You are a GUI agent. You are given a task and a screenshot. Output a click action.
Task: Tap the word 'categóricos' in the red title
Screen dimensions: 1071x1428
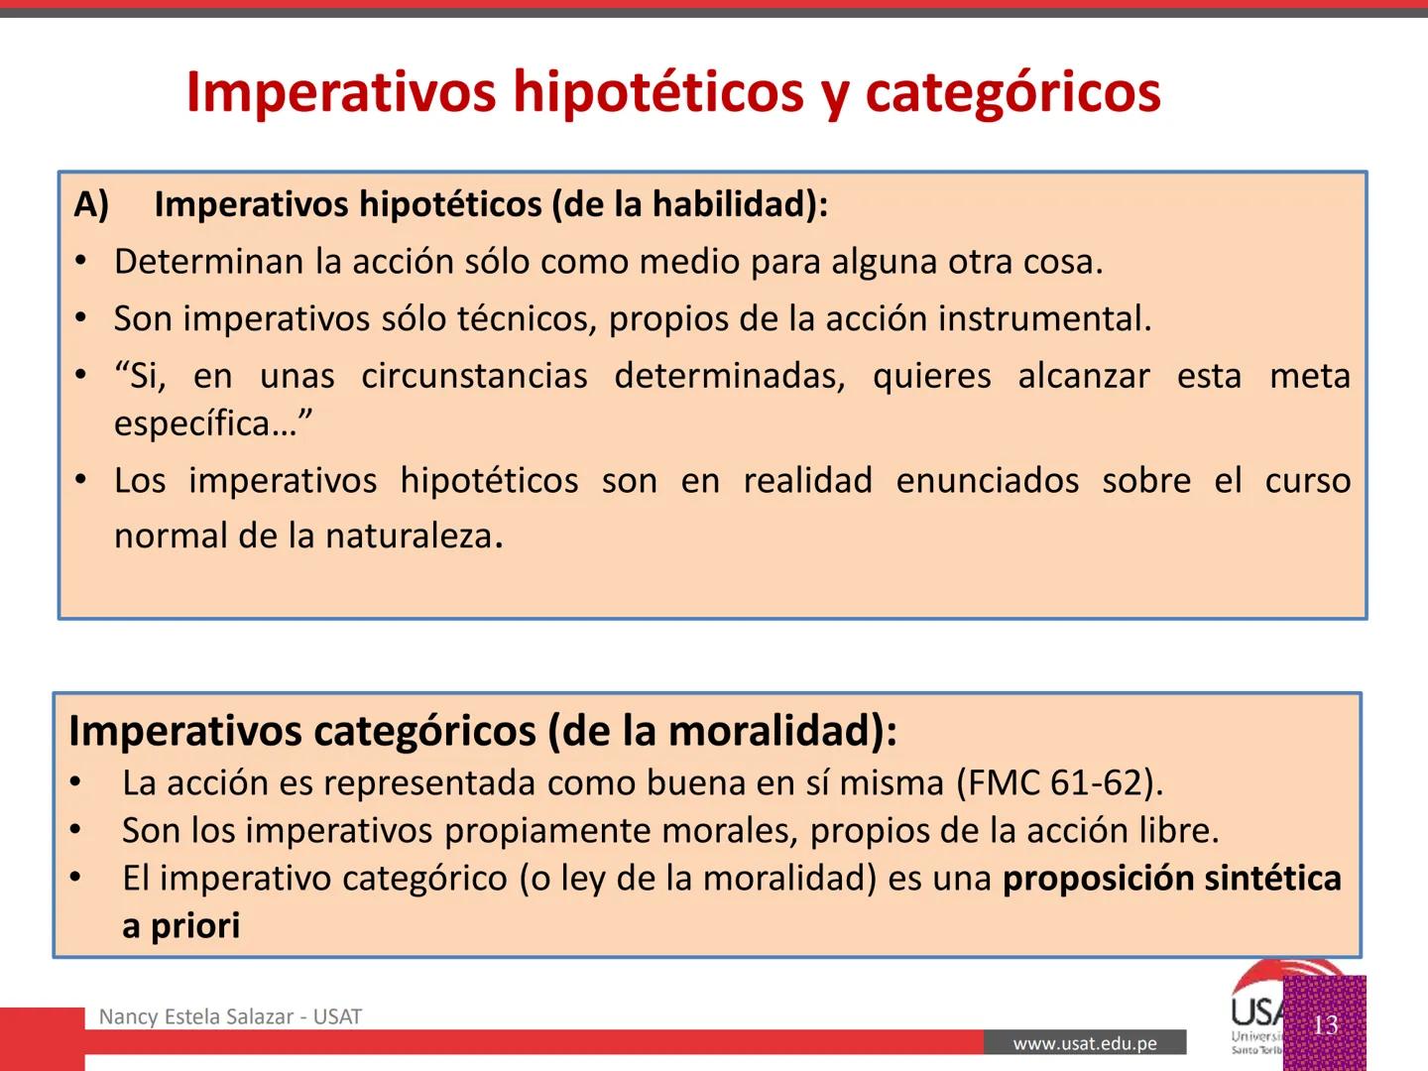click(1012, 92)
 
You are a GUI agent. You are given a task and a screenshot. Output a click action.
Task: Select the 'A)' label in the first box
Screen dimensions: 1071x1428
click(91, 204)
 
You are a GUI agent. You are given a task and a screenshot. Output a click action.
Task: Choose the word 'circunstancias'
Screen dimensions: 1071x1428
click(474, 377)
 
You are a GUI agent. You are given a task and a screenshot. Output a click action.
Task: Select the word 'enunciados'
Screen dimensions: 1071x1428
click(987, 481)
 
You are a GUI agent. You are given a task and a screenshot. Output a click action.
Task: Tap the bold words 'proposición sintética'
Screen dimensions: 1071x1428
click(1171, 879)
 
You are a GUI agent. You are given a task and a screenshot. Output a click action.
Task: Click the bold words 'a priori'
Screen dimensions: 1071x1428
click(181, 926)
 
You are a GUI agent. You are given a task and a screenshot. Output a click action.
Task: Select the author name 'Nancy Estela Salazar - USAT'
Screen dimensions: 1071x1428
click(230, 1016)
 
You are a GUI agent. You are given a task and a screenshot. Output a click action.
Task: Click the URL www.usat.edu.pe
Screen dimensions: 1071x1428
click(1085, 1043)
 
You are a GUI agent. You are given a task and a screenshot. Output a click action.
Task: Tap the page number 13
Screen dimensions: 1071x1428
click(1325, 1024)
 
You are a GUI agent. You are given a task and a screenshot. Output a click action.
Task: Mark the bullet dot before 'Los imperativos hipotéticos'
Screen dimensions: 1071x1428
click(82, 481)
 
